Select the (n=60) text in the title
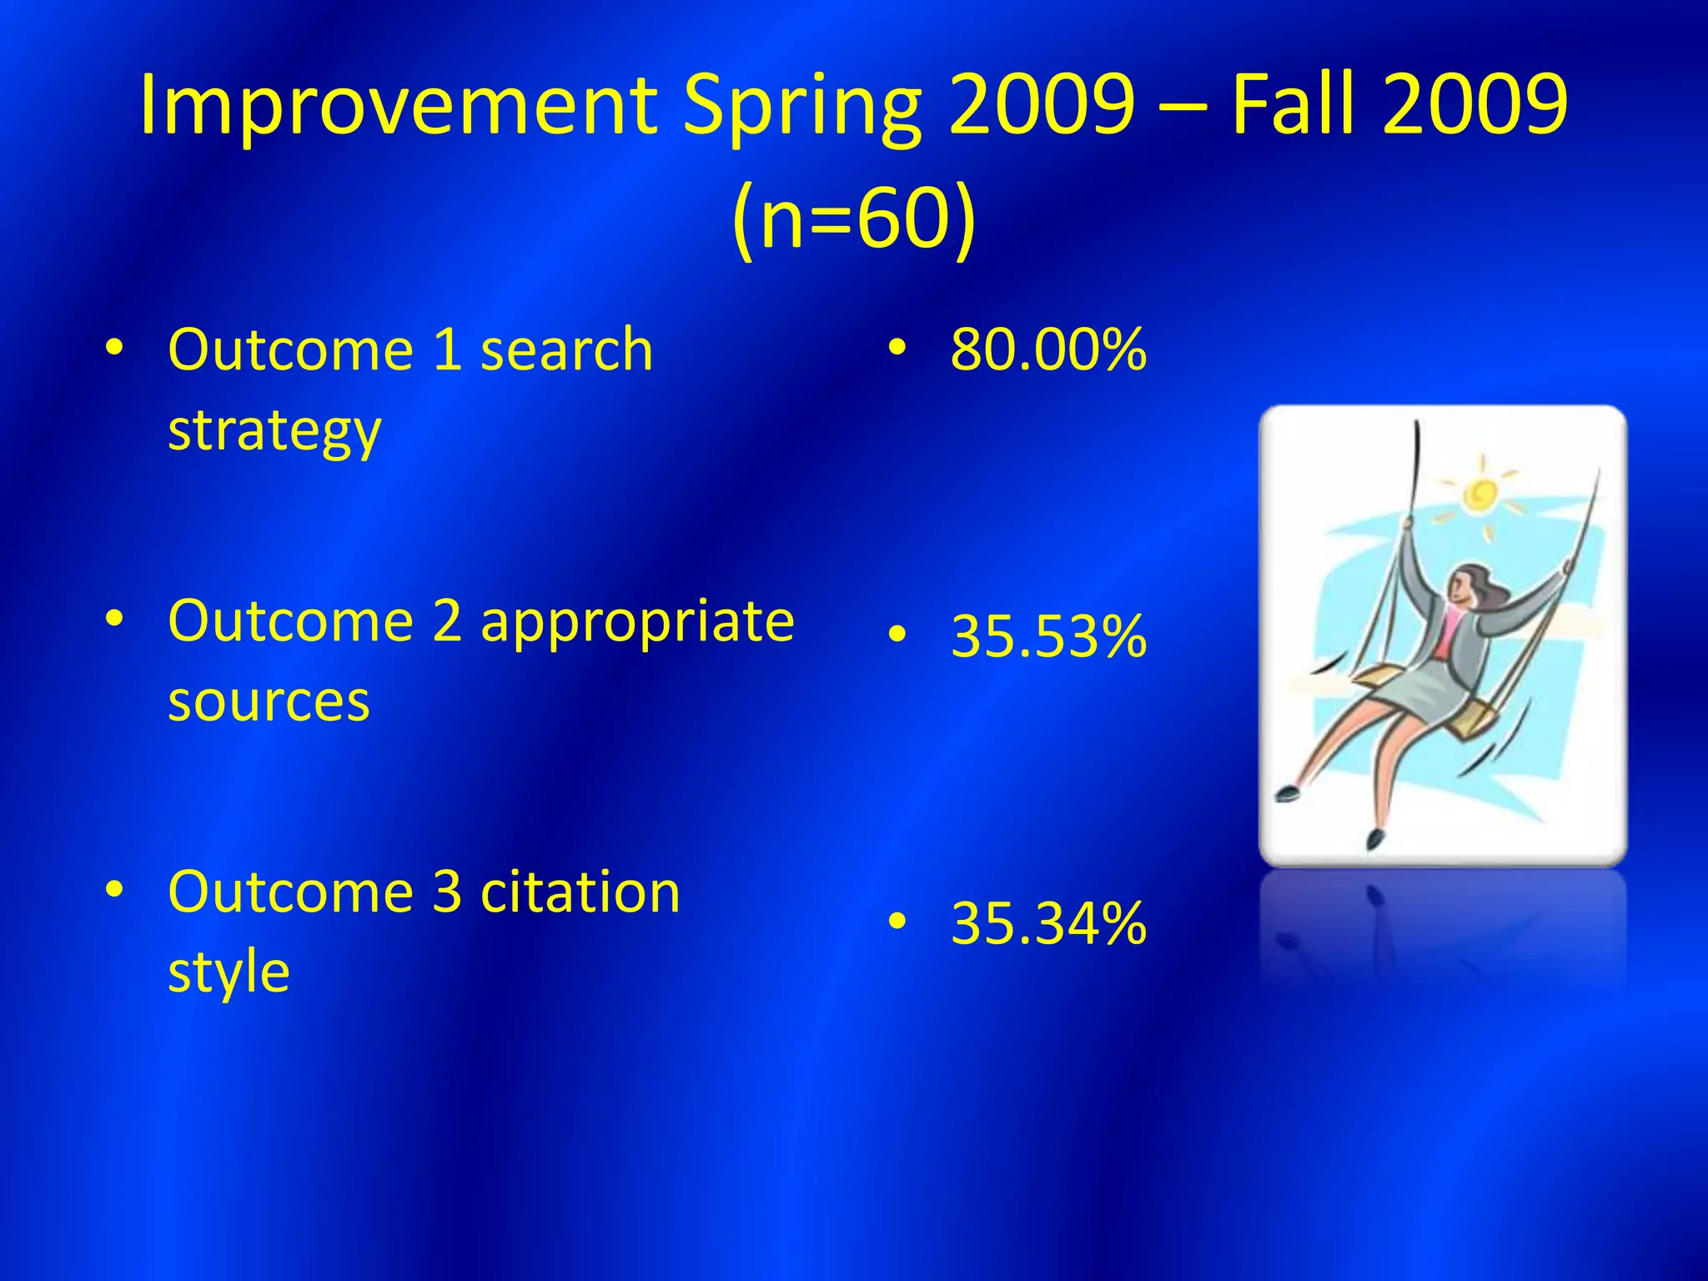(853, 219)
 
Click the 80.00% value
(1048, 350)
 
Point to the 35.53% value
(1048, 637)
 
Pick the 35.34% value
(1048, 924)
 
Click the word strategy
(274, 432)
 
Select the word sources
(269, 702)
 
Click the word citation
(580, 892)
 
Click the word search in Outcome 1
(567, 350)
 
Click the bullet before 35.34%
(897, 922)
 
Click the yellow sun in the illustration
(1481, 495)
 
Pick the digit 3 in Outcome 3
(447, 892)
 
